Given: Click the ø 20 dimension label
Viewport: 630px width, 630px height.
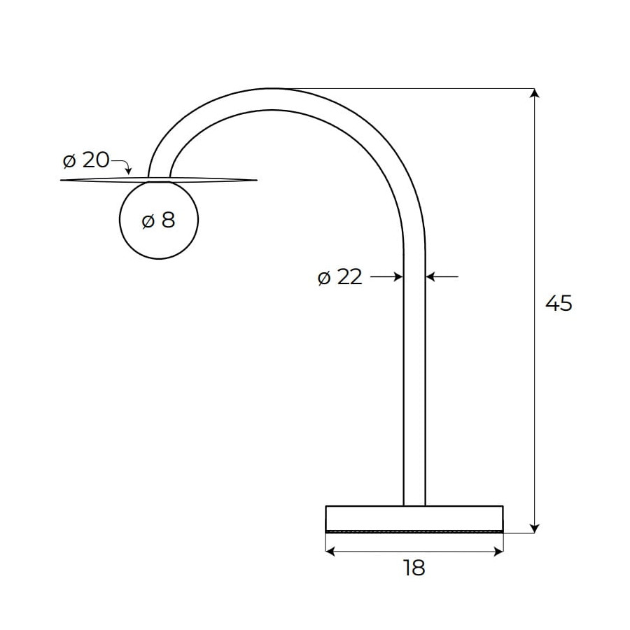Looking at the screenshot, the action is click(x=86, y=160).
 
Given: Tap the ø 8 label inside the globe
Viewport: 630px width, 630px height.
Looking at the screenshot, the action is click(x=159, y=220).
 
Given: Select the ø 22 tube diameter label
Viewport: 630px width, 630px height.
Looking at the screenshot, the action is click(x=340, y=277).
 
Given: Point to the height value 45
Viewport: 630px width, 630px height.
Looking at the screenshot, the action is click(x=559, y=303).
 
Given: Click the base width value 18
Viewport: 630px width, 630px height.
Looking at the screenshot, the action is click(x=414, y=568).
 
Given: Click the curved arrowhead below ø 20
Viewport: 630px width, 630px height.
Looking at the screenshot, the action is click(x=128, y=171).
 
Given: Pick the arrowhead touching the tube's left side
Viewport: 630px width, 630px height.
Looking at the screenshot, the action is click(x=398, y=276).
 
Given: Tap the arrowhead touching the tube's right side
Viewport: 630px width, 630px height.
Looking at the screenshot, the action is click(x=430, y=276).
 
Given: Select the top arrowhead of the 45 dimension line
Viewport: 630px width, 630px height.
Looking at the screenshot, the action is click(x=534, y=93).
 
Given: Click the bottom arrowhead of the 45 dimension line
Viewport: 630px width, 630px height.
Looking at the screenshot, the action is click(x=534, y=528).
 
